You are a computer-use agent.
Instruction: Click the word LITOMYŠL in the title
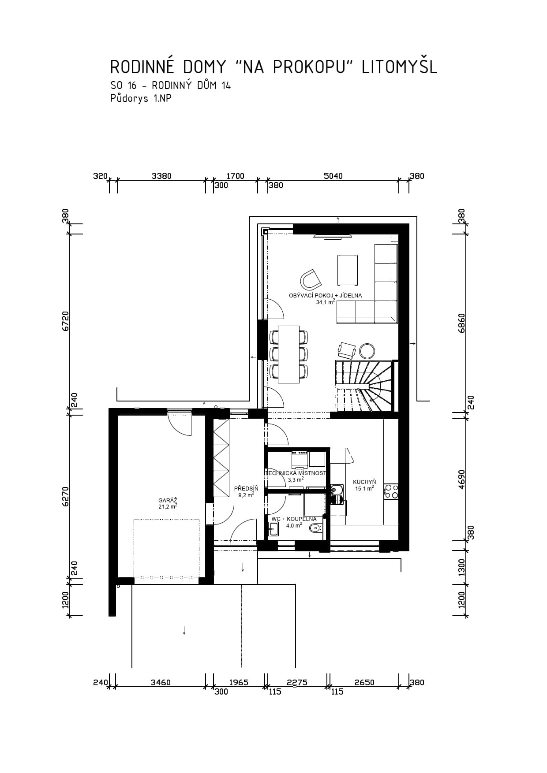pos(399,67)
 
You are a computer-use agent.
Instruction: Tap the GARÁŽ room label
pos(168,500)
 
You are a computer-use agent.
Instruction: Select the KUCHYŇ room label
pos(364,482)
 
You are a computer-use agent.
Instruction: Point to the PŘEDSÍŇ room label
pos(246,488)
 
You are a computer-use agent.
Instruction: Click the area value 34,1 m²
pos(326,302)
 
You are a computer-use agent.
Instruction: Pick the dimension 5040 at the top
pos(333,176)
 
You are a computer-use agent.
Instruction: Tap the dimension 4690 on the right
pos(461,479)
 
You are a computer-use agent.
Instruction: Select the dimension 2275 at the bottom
pos(297,682)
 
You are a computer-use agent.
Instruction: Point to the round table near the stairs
pos(367,351)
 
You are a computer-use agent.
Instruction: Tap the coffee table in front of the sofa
pos(347,270)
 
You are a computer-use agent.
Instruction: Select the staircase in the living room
pos(364,386)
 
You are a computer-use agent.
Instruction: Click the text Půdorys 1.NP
pos(141,99)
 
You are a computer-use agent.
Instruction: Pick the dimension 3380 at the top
pos(161,176)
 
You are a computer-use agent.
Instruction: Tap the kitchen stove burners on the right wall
pos(391,491)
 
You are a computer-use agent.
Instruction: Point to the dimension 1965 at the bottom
pos(239,682)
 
